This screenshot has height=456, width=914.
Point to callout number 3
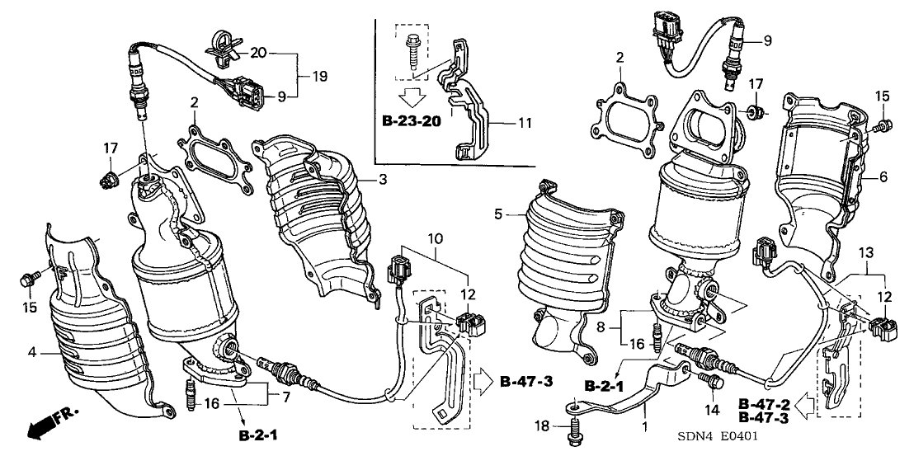pyautogui.click(x=381, y=179)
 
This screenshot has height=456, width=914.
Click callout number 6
pyautogui.click(x=883, y=176)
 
